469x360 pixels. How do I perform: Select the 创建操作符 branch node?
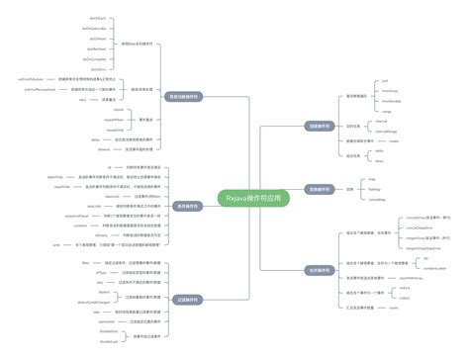click(x=320, y=127)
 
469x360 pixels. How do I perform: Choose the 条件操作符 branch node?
click(x=320, y=268)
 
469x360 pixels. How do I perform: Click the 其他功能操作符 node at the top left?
click(x=184, y=97)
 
